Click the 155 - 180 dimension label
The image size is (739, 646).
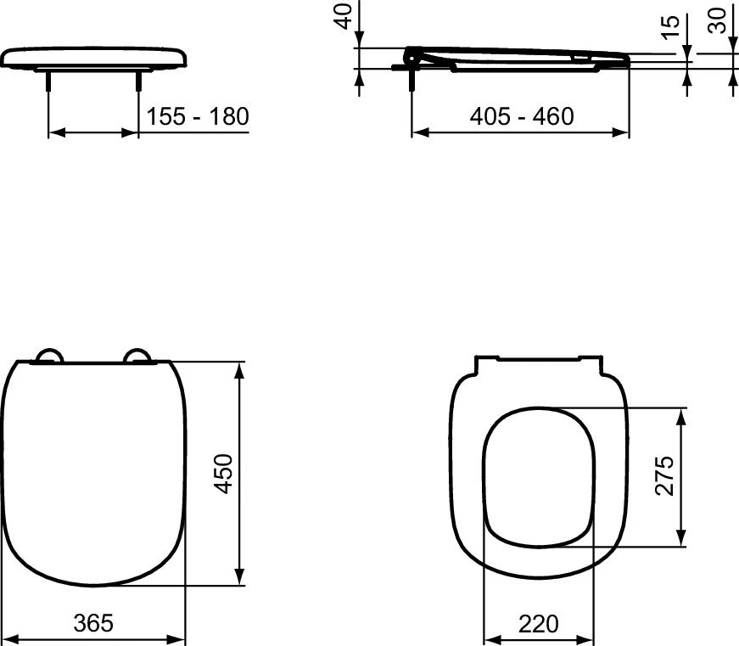click(198, 116)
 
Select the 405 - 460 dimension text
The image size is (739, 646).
click(522, 116)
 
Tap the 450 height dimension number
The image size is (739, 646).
click(223, 474)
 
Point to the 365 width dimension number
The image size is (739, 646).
click(93, 623)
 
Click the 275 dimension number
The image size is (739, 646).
click(664, 475)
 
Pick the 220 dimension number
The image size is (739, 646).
click(539, 624)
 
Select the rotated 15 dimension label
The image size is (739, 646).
click(670, 27)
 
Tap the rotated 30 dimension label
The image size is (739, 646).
click(718, 20)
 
